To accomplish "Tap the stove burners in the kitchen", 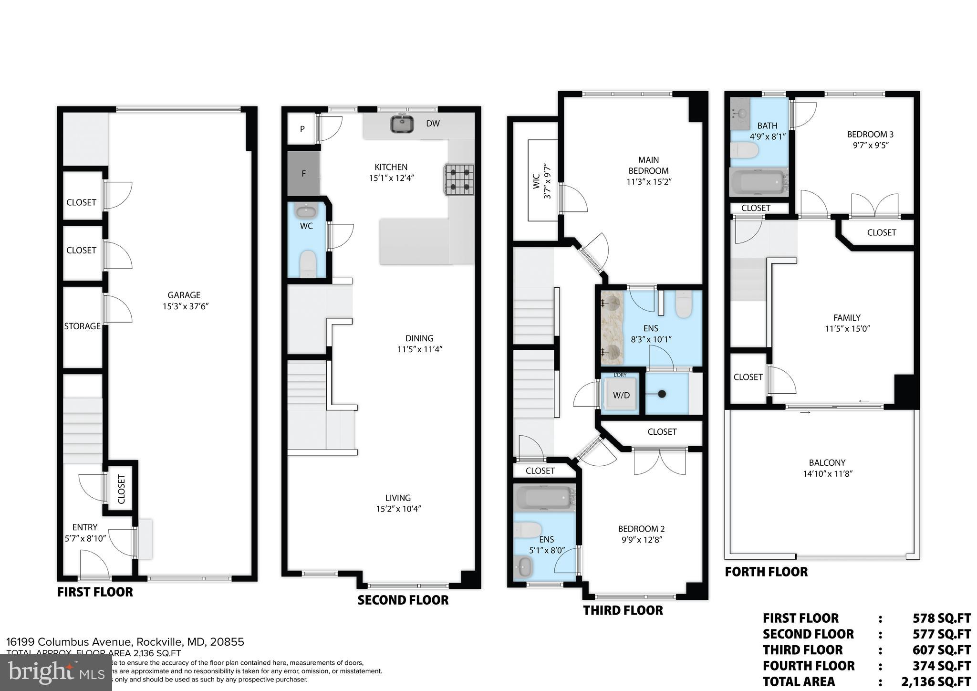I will [x=459, y=179].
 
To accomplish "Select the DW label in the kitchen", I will [x=433, y=124].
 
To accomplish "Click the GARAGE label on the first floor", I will [x=184, y=295].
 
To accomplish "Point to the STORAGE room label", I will [x=83, y=326].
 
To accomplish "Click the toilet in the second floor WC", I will [x=308, y=263].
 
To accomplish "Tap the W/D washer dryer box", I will [x=621, y=395].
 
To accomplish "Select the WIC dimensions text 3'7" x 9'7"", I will [x=547, y=182].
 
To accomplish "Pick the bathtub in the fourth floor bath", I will [x=758, y=183].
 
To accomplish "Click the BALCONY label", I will [x=827, y=463].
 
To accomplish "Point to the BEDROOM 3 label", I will [x=870, y=135].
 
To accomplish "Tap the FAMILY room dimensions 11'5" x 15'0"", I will [x=847, y=329].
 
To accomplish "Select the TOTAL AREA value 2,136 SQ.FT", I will [x=935, y=681].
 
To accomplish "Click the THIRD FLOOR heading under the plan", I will [x=623, y=610].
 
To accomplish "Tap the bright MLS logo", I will [x=56, y=673].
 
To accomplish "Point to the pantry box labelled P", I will [x=302, y=129].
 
